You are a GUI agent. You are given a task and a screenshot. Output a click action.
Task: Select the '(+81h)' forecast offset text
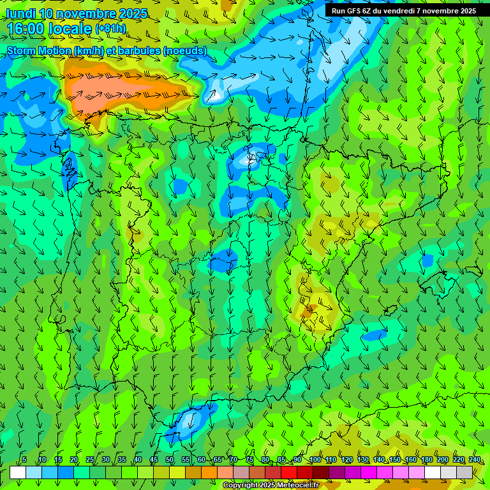pyautogui.click(x=110, y=29)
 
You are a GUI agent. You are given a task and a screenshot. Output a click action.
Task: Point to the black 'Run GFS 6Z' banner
pyautogui.click(x=403, y=10)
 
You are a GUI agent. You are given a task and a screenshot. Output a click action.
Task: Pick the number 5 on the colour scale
pyautogui.click(x=24, y=459)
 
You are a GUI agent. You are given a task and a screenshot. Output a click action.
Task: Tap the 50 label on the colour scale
pyautogui.click(x=170, y=459)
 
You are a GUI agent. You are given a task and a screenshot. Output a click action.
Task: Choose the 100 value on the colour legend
pyautogui.click(x=315, y=459)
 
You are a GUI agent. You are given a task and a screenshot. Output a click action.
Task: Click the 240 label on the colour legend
pyautogui.click(x=474, y=459)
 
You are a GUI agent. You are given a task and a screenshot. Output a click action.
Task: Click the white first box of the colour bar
pyautogui.click(x=18, y=472)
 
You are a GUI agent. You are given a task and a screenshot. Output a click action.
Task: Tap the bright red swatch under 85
pyautogui.click(x=289, y=472)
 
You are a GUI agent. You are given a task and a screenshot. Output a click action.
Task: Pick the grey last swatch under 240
pyautogui.click(x=464, y=472)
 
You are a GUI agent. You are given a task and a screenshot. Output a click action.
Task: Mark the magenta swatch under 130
pyautogui.click(x=369, y=472)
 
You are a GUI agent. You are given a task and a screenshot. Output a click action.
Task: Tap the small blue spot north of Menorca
pyautogui.click(x=427, y=260)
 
